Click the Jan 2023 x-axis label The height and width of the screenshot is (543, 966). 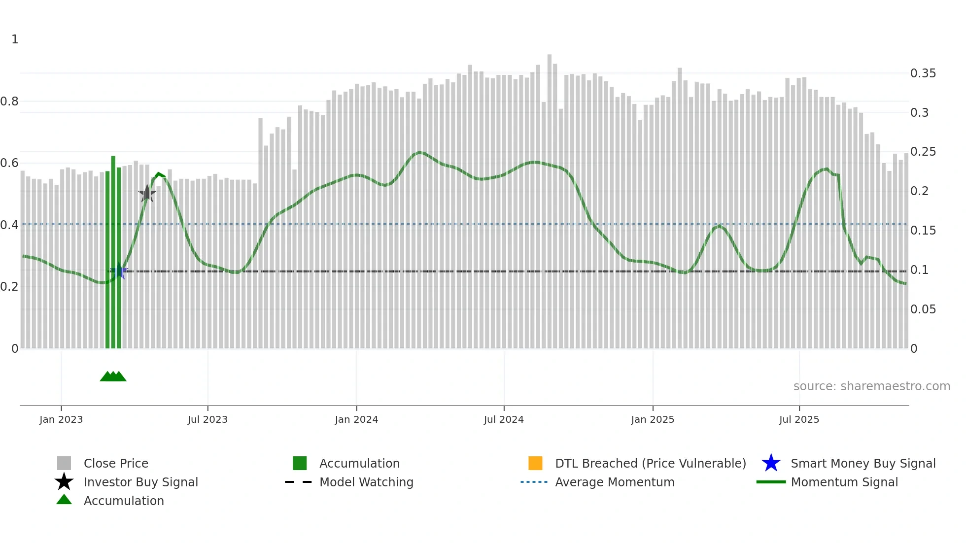(61, 420)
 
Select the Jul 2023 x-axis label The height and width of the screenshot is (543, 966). (207, 420)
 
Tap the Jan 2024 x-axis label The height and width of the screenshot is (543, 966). (356, 420)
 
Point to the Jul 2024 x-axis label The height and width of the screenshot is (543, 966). (504, 420)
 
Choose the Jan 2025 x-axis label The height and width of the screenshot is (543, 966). (653, 420)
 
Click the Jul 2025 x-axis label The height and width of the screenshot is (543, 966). (799, 420)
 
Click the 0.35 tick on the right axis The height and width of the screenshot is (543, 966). (923, 73)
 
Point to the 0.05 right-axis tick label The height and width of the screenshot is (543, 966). (923, 309)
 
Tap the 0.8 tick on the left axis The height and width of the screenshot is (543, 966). (9, 102)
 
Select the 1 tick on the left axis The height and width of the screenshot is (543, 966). (15, 39)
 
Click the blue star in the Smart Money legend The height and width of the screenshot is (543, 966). (771, 463)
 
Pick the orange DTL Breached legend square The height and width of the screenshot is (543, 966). (535, 463)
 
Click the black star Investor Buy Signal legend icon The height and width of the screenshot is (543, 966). (64, 482)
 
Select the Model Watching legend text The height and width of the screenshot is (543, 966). (366, 482)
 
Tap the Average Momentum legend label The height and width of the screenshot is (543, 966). (615, 482)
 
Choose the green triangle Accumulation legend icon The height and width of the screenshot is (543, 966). (64, 500)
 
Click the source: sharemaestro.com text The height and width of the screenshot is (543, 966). (871, 386)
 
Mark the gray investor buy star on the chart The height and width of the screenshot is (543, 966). (147, 194)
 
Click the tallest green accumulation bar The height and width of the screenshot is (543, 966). (113, 251)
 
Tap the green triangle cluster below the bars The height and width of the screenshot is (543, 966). (113, 376)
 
